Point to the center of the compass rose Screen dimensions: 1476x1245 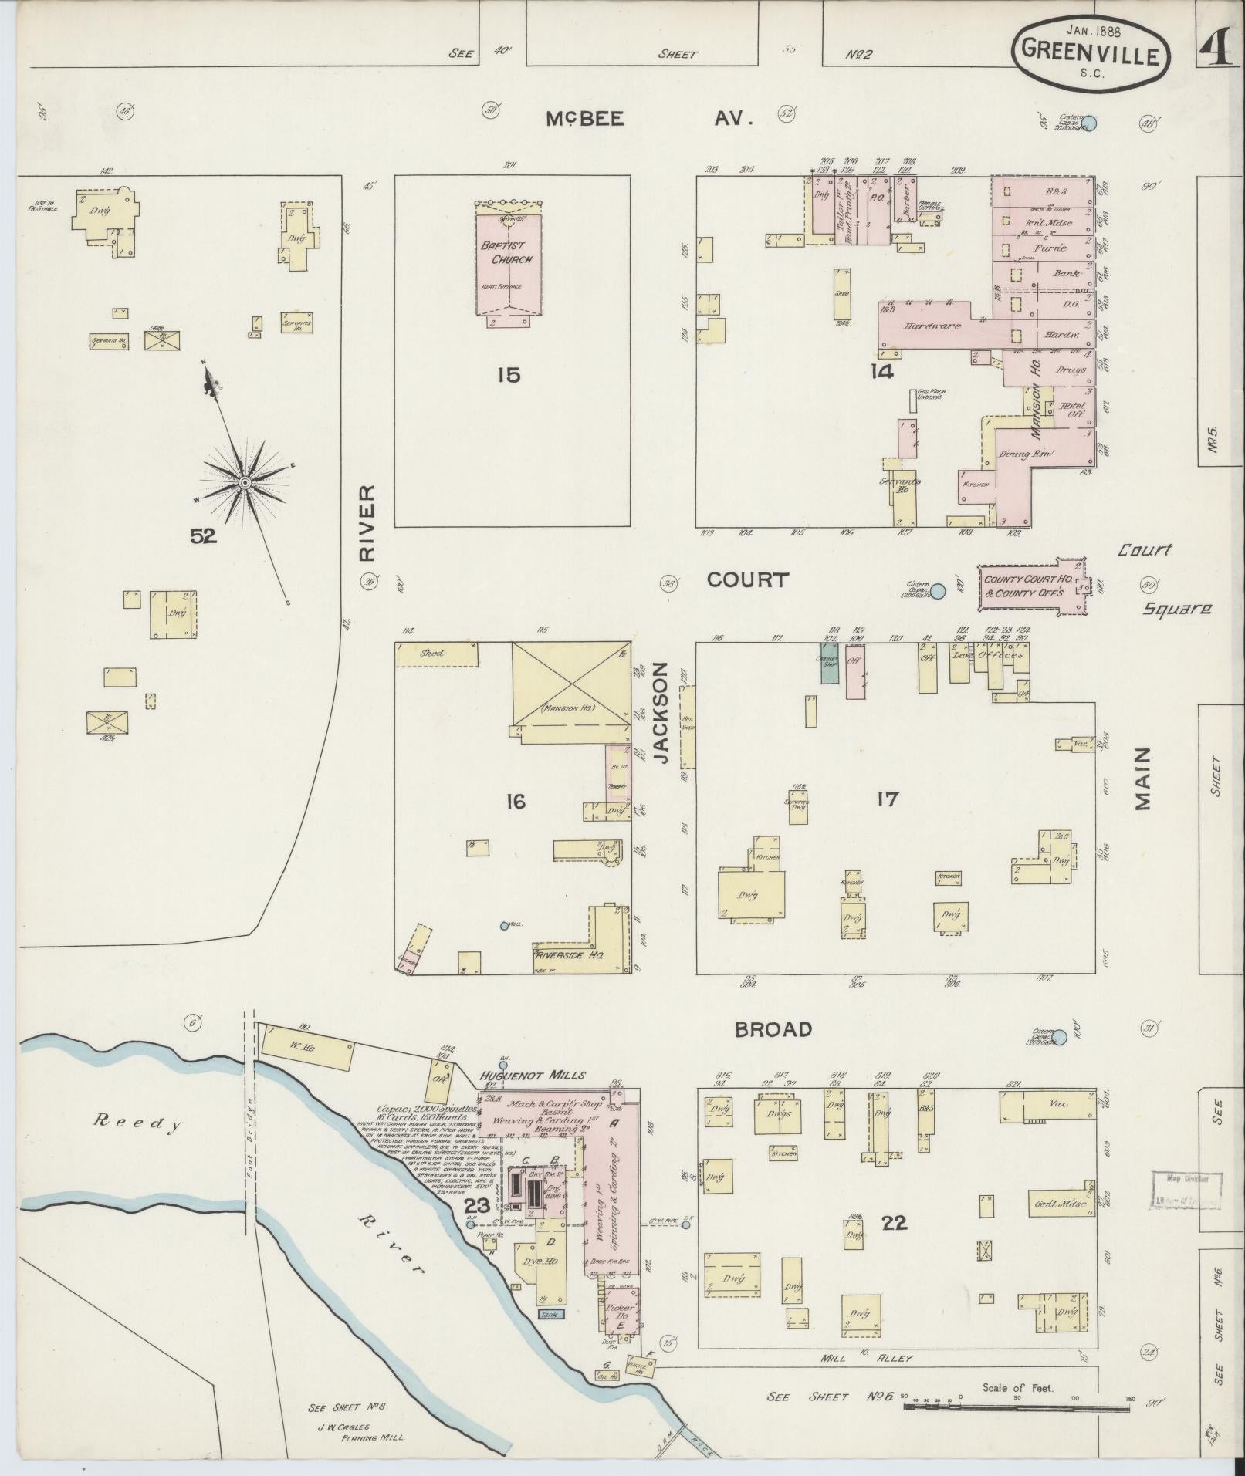click(x=244, y=483)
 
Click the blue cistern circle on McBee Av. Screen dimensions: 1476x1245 click(x=1091, y=122)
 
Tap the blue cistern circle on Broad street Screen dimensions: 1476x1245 click(x=1060, y=1038)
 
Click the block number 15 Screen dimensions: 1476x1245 click(x=509, y=375)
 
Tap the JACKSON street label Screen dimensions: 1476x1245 click(x=661, y=714)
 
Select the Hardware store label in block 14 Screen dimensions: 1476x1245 click(x=934, y=326)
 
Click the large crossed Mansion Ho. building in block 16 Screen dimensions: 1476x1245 click(x=571, y=684)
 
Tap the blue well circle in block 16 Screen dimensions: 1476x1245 click(x=505, y=926)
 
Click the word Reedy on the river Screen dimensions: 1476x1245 click(x=137, y=1124)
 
